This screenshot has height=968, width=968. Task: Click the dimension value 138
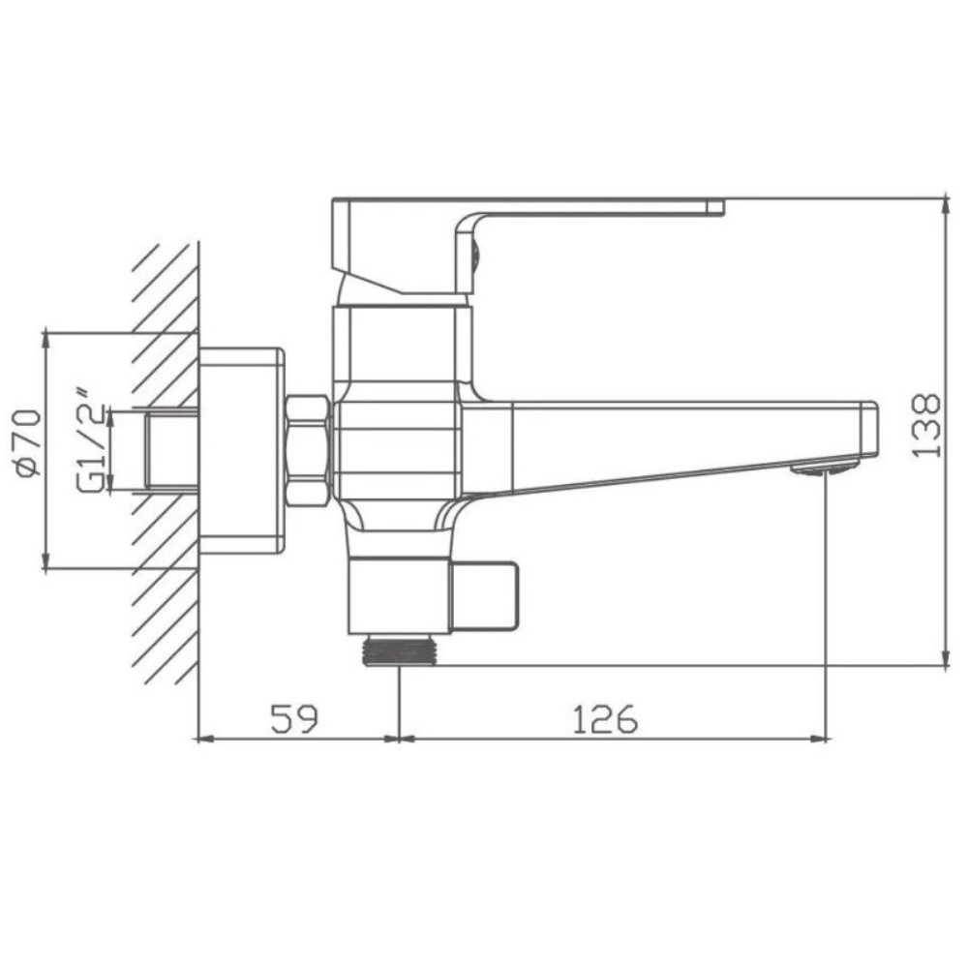tap(926, 426)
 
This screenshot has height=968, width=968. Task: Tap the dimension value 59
tap(294, 718)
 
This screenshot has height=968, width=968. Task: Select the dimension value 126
tap(605, 718)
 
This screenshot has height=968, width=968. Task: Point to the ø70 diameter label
tap(28, 442)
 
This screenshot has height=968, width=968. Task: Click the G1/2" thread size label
tap(91, 440)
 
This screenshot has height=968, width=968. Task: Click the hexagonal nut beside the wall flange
tap(307, 451)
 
